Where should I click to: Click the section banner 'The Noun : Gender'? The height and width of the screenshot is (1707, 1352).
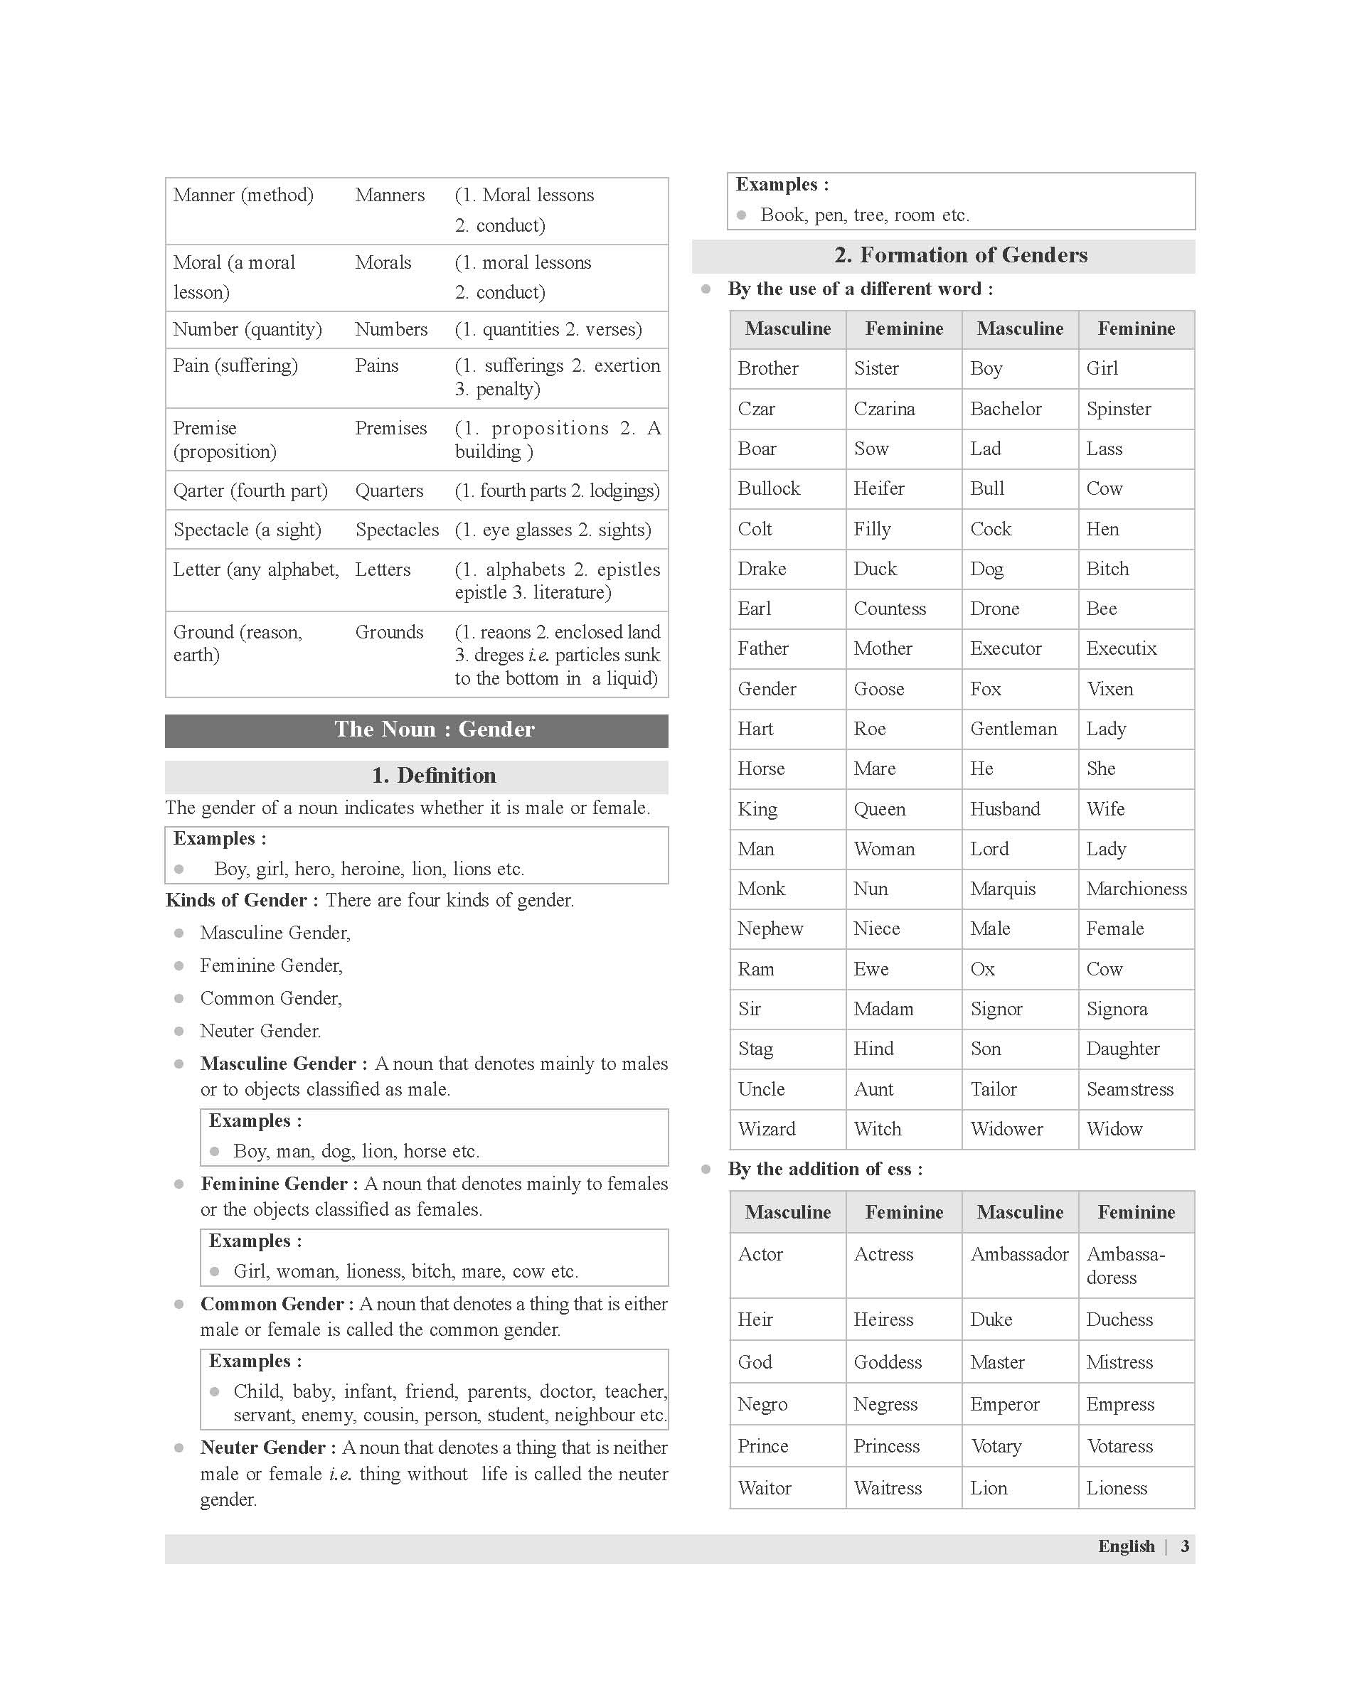pyautogui.click(x=434, y=729)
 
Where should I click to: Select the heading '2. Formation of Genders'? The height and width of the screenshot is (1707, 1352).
pyautogui.click(x=960, y=255)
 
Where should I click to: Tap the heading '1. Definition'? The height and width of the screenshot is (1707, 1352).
pyautogui.click(x=434, y=776)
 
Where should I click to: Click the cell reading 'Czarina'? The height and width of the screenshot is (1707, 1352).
pyautogui.click(x=884, y=409)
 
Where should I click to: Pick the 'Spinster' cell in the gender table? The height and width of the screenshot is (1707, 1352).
pyautogui.click(x=1119, y=409)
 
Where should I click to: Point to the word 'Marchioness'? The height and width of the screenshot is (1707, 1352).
pyautogui.click(x=1136, y=889)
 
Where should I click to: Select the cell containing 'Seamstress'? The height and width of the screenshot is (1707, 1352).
pyautogui.click(x=1129, y=1089)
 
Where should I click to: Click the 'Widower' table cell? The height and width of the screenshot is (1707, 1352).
pyautogui.click(x=1006, y=1129)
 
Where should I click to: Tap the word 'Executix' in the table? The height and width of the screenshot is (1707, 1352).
pyautogui.click(x=1121, y=649)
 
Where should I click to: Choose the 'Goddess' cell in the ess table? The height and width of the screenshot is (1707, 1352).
pyautogui.click(x=888, y=1362)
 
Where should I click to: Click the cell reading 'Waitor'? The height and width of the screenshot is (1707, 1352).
pyautogui.click(x=765, y=1488)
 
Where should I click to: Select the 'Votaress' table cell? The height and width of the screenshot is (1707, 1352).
pyautogui.click(x=1119, y=1446)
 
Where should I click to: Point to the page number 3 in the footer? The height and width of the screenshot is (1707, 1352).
pyautogui.click(x=1184, y=1546)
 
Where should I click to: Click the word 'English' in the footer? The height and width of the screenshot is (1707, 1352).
pyautogui.click(x=1126, y=1546)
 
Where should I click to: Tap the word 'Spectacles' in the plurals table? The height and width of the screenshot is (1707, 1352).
pyautogui.click(x=397, y=530)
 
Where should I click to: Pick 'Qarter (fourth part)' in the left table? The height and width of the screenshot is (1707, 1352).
pyautogui.click(x=250, y=491)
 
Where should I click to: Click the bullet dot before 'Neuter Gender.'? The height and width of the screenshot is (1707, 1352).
pyautogui.click(x=179, y=1031)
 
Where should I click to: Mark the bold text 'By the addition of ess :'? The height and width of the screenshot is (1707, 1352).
pyautogui.click(x=825, y=1169)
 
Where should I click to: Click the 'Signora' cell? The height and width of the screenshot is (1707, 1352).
pyautogui.click(x=1116, y=1009)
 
